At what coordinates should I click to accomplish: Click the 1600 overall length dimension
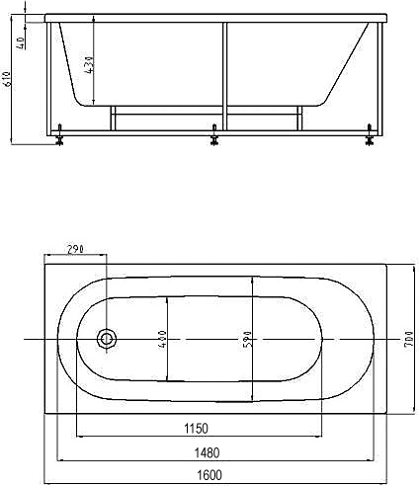pyautogui.click(x=209, y=475)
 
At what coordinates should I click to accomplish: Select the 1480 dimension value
pyautogui.click(x=207, y=452)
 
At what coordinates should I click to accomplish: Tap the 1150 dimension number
pyautogui.click(x=197, y=429)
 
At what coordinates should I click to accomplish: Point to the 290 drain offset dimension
pyautogui.click(x=76, y=249)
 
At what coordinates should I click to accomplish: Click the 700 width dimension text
pyautogui.click(x=408, y=338)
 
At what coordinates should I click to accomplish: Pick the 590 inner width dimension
pyautogui.click(x=247, y=339)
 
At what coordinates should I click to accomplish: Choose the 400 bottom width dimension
pyautogui.click(x=163, y=340)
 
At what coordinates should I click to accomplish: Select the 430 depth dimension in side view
pyautogui.click(x=89, y=64)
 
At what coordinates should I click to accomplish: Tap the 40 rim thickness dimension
pyautogui.click(x=21, y=42)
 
